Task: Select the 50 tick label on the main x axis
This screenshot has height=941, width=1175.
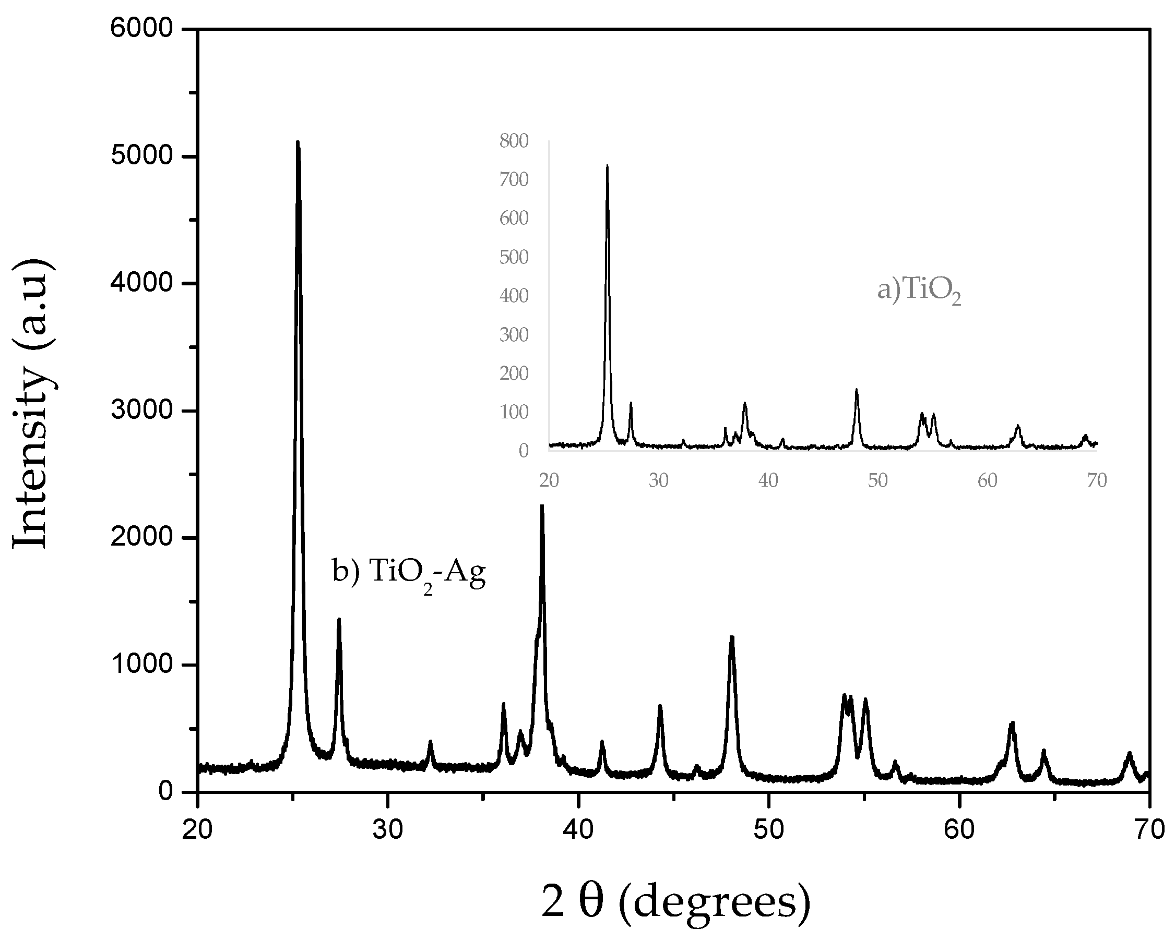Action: click(x=768, y=830)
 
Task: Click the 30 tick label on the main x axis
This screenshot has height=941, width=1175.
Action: click(x=387, y=830)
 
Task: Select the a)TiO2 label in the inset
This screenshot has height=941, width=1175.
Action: click(x=918, y=290)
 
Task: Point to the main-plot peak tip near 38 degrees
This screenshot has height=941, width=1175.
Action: click(x=542, y=506)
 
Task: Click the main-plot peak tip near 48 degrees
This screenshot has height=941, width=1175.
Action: click(x=732, y=637)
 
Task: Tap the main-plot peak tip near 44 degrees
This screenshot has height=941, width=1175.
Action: click(x=660, y=706)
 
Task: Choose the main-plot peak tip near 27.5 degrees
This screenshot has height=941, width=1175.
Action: click(x=339, y=620)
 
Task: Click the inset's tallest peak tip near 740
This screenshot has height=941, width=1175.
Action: click(x=607, y=165)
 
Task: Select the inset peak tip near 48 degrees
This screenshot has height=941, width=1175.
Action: click(x=856, y=390)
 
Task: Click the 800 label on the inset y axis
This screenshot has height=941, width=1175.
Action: click(x=514, y=141)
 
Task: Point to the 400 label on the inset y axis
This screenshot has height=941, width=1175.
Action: click(x=514, y=296)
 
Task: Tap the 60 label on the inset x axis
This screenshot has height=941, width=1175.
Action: click(x=987, y=480)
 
